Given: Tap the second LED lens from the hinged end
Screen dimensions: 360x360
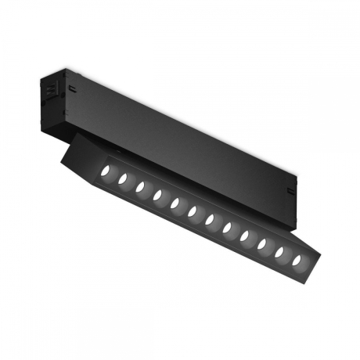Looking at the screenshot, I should click(x=123, y=179).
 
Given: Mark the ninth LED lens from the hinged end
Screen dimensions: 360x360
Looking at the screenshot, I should click(x=245, y=236).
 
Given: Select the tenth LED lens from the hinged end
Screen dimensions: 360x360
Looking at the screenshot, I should click(x=262, y=243).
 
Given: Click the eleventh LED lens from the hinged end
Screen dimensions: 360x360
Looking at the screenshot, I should click(x=279, y=251).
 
